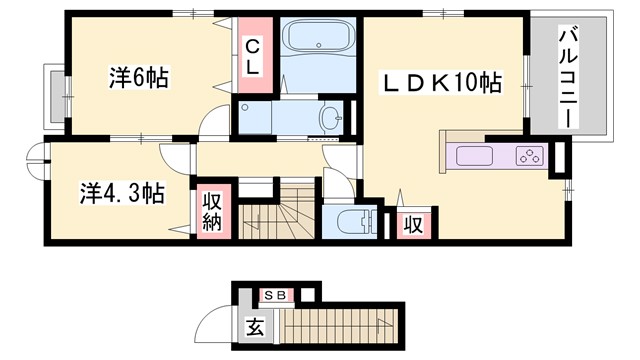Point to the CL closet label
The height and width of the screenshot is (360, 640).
point(253,55)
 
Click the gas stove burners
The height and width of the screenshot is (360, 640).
point(528,156)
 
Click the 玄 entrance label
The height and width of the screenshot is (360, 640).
point(254,325)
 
